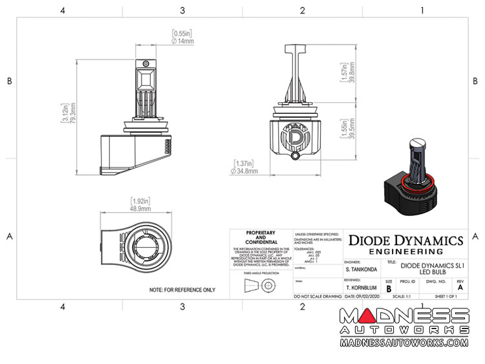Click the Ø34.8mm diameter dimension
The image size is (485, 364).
point(244,171)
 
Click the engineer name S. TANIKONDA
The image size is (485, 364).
point(363,268)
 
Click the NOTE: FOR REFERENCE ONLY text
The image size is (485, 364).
point(182,290)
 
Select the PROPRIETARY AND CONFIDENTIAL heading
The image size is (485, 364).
point(261,237)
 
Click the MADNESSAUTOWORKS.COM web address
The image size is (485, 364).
point(404,343)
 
